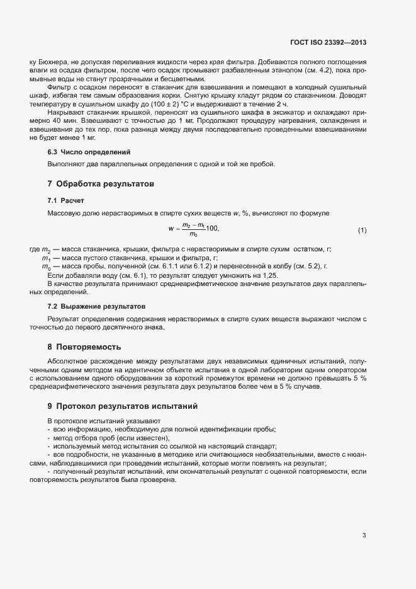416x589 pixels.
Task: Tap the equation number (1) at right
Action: pos(362,231)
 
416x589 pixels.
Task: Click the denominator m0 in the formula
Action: pos(193,235)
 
